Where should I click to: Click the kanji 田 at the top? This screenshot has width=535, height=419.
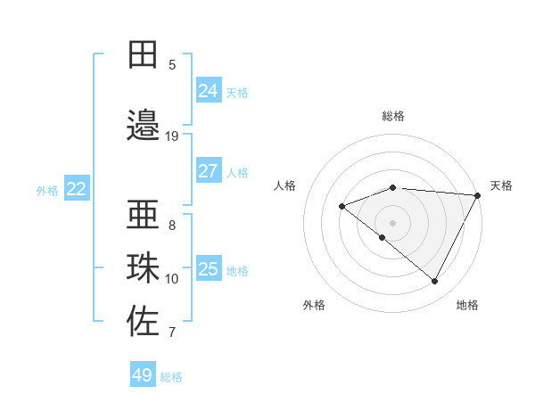tap(143, 54)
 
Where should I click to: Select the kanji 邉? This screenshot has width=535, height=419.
tap(143, 126)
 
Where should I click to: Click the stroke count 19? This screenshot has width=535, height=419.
tap(172, 136)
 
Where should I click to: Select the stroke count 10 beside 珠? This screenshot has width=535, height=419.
tap(172, 279)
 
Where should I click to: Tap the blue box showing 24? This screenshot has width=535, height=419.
tap(208, 91)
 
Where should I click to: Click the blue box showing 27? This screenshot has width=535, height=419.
tap(208, 171)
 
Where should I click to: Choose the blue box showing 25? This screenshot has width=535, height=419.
tap(208, 269)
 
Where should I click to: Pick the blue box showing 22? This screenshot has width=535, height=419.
tap(77, 189)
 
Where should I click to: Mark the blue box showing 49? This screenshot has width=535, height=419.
tap(143, 375)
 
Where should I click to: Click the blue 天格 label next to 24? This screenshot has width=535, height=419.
tap(237, 93)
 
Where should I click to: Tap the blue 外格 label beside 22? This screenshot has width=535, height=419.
tap(47, 191)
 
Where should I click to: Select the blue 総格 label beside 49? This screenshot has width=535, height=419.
tap(171, 377)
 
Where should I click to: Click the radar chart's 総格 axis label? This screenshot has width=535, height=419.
tap(393, 116)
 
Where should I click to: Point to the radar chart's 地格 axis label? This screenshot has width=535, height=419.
tap(467, 305)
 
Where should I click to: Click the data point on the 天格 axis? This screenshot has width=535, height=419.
tap(478, 195)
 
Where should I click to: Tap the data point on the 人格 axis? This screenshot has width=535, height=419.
tap(342, 206)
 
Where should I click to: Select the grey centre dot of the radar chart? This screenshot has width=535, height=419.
tap(392, 222)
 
